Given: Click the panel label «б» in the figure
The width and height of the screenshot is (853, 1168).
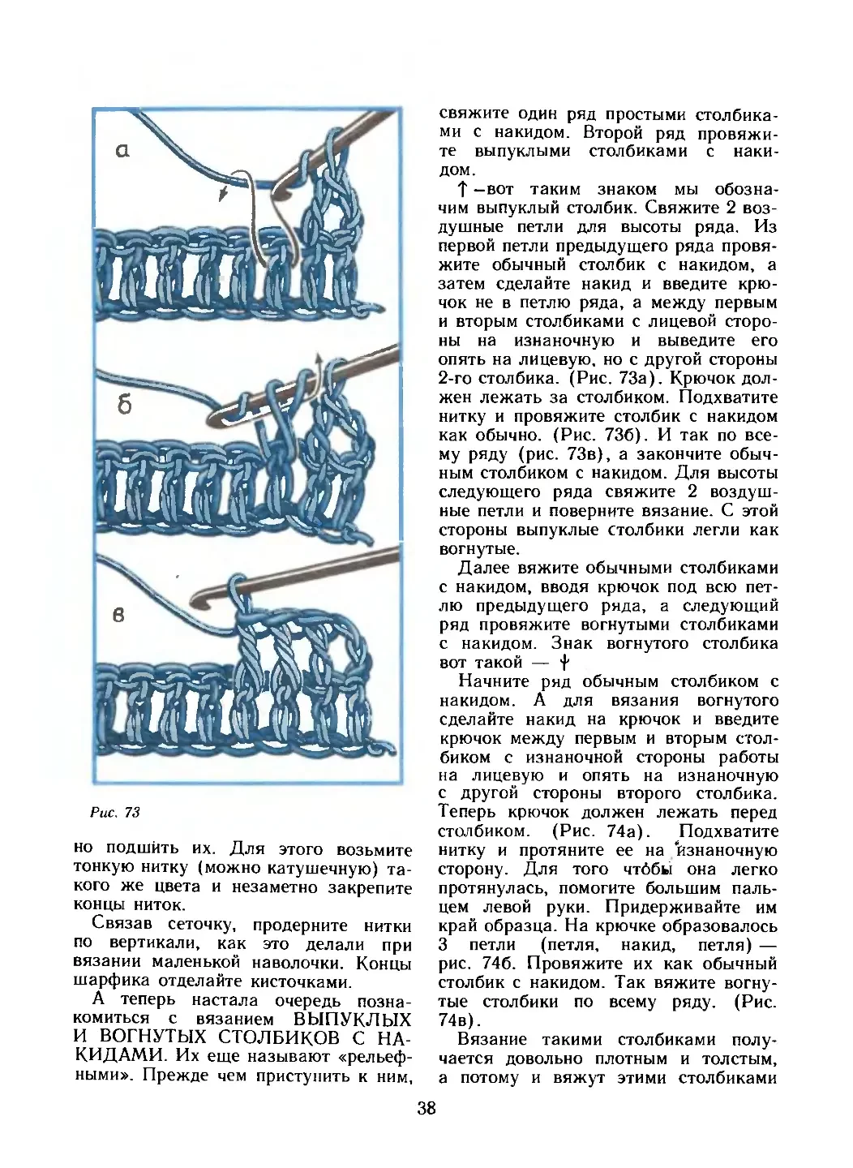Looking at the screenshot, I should coord(123,406).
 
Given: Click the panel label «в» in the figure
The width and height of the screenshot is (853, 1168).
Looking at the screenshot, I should coord(118,615).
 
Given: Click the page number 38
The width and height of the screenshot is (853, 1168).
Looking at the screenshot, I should coord(427,1109).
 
